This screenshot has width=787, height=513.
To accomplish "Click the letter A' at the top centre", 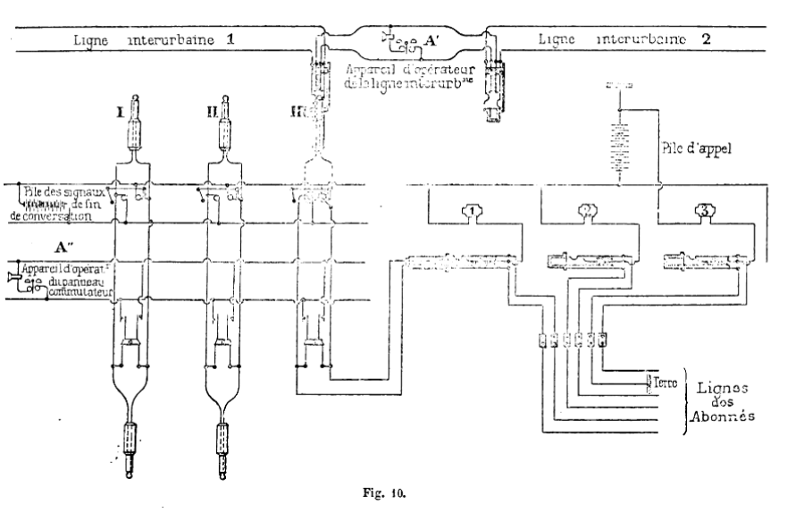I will click(x=431, y=41).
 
